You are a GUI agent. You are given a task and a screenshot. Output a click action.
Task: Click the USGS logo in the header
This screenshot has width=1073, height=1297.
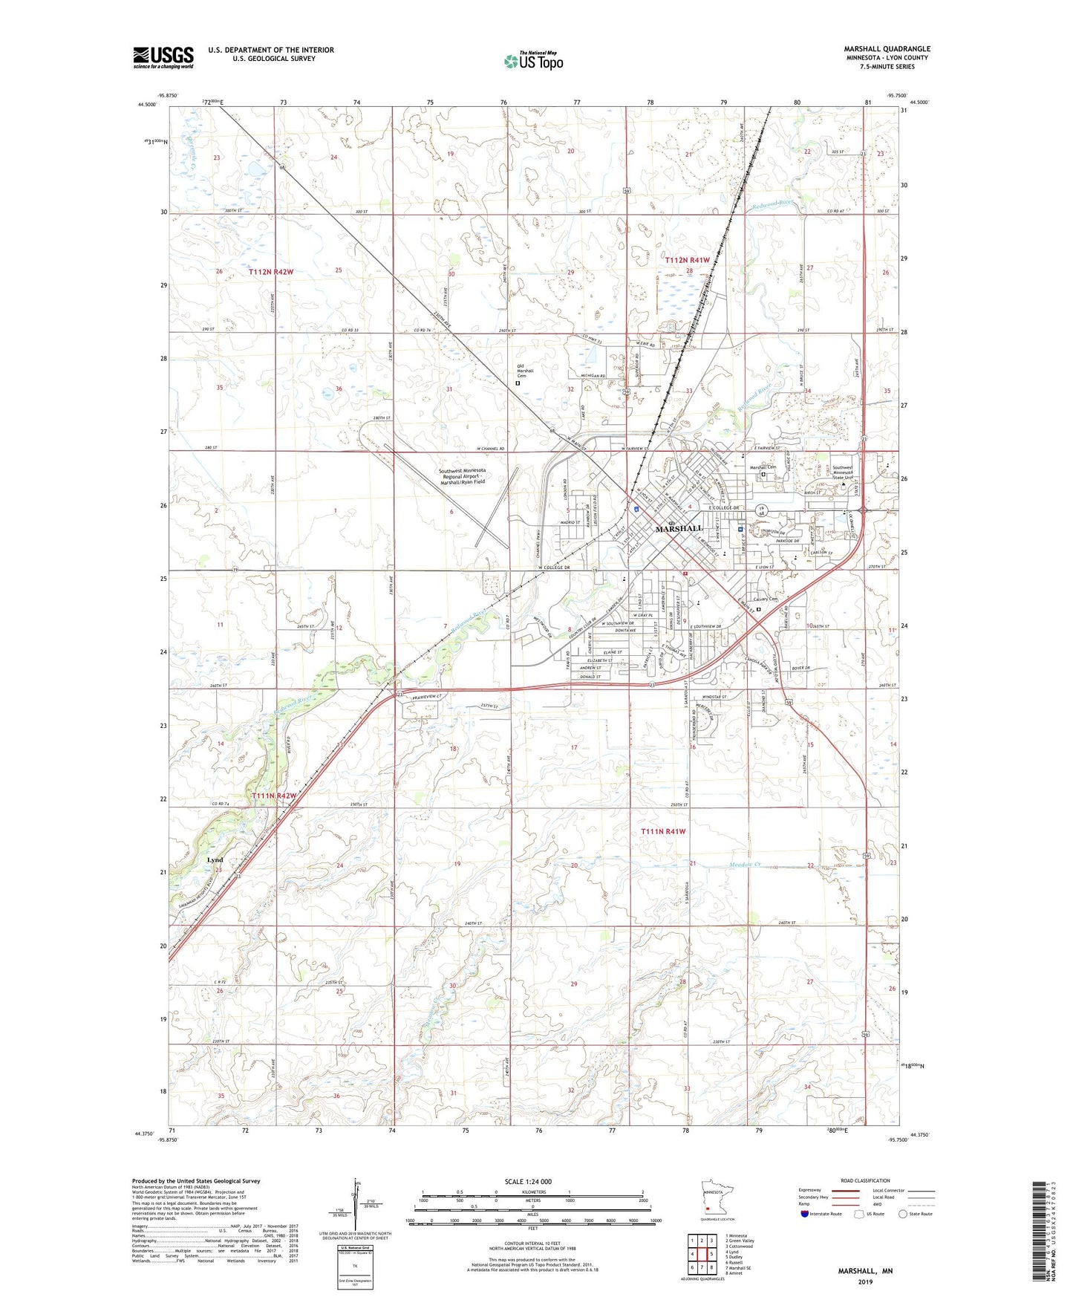coord(163,57)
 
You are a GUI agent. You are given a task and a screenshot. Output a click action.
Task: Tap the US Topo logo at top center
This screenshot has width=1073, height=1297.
coord(533,61)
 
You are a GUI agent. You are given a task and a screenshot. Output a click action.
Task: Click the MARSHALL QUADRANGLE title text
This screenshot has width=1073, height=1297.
coord(887,49)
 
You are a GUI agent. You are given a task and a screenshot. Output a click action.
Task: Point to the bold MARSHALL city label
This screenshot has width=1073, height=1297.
coord(679,528)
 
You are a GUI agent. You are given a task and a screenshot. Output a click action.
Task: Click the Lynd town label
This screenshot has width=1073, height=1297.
coord(215,859)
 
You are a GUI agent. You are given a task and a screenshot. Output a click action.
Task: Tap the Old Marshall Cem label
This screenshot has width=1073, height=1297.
coord(526,371)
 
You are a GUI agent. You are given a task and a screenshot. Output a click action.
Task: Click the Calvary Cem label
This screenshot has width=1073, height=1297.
coord(765,599)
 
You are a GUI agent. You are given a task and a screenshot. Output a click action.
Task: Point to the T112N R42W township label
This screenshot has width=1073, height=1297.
coord(271,272)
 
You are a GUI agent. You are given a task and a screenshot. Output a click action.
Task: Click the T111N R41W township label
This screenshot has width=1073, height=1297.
coord(663,832)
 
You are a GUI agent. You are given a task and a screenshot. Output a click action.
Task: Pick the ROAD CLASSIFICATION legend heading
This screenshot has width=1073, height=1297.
coord(865,1180)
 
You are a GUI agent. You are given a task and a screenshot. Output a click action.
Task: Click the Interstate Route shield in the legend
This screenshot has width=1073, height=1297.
coord(806,1214)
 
